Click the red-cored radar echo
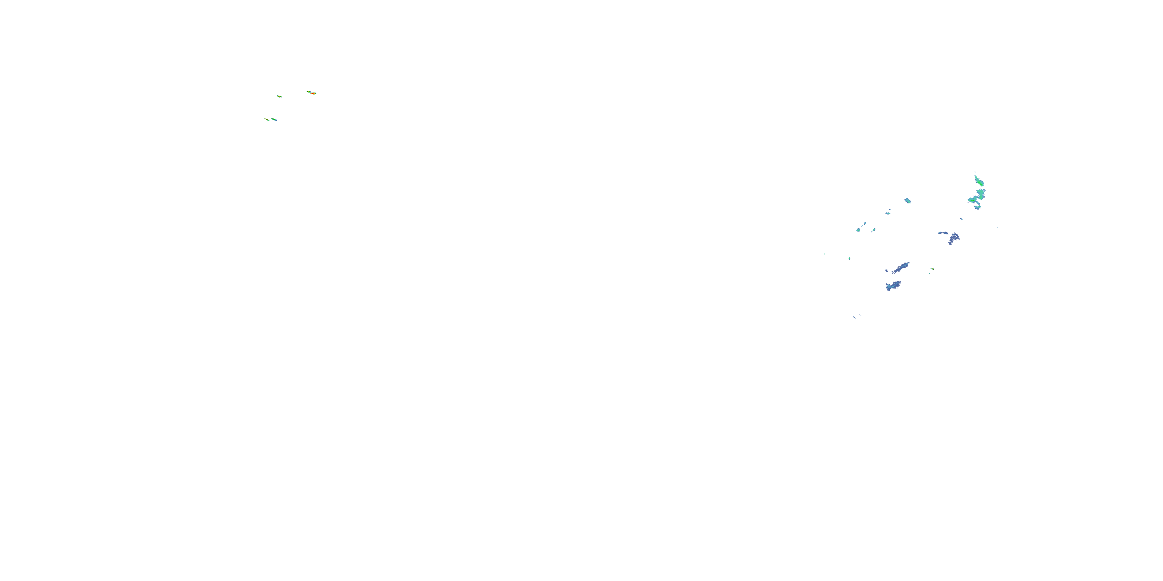[x=313, y=93]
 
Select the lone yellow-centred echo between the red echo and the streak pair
[x=280, y=96]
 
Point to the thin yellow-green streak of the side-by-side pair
[x=266, y=120]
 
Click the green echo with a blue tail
[x=274, y=120]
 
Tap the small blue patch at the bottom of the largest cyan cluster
[x=977, y=207]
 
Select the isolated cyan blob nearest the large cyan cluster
[x=908, y=201]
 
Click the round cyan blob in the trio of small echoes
[x=858, y=230]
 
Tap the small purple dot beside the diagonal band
[x=886, y=271]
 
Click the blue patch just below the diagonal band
[x=893, y=285]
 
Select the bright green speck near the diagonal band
[x=932, y=269]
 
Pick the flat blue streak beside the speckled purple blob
[x=943, y=233]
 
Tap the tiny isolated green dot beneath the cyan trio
[x=850, y=258]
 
